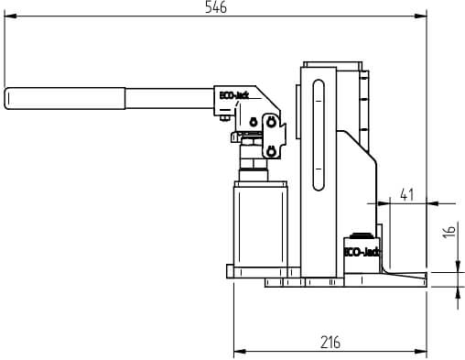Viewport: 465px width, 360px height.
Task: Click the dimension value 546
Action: [x=216, y=6]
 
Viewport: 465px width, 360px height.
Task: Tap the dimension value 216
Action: [x=330, y=343]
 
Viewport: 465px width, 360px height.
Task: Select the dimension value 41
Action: [x=407, y=194]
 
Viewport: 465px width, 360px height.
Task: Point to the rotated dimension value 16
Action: [x=449, y=232]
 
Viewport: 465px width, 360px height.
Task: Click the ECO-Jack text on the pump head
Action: [x=234, y=95]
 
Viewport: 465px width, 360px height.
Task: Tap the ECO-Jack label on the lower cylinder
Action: [x=362, y=252]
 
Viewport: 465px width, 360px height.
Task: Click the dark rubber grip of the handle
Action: [x=65, y=98]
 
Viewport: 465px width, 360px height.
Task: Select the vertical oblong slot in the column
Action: [x=319, y=135]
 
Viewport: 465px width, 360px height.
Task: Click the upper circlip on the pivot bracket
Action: [x=270, y=122]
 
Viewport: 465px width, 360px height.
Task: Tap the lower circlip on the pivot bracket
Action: [x=270, y=151]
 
